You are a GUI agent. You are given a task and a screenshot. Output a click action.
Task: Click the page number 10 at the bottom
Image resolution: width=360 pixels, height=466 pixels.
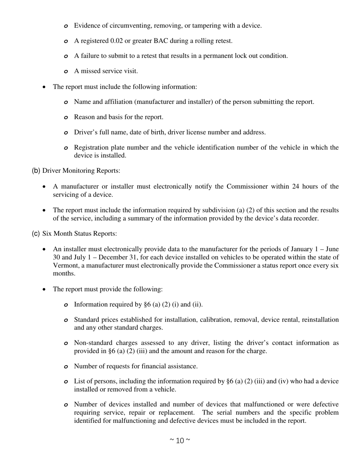[x=180, y=440]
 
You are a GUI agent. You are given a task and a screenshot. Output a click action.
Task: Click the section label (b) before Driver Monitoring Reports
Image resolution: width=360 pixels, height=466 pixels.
[x=36, y=170]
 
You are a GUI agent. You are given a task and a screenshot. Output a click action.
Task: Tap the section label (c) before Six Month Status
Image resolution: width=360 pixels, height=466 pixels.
[x=36, y=233]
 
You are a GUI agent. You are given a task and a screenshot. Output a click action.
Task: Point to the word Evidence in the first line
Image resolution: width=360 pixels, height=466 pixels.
[x=87, y=25]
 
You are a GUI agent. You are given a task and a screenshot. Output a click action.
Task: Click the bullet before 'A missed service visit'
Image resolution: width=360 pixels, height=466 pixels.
[x=66, y=71]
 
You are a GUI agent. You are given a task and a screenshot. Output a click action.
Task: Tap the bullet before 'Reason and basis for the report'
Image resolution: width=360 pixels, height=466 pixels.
[x=66, y=117]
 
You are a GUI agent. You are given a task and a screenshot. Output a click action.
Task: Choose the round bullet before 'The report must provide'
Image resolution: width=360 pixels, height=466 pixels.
[x=45, y=289]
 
